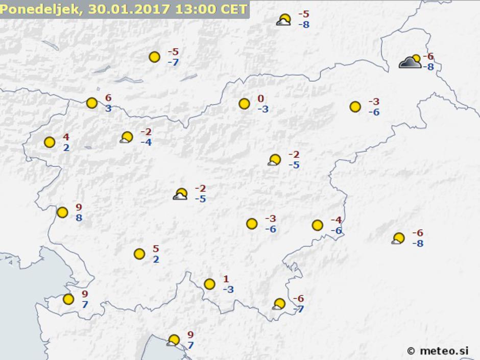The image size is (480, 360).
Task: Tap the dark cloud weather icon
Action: click(x=410, y=62)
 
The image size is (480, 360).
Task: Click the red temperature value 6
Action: click(x=108, y=98)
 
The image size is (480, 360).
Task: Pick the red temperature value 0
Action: click(x=260, y=99)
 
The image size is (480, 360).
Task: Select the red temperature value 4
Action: click(x=66, y=137)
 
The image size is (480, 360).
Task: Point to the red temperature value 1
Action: click(x=226, y=279)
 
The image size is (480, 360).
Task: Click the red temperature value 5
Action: click(x=156, y=249)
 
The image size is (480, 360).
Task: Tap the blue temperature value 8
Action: click(x=79, y=218)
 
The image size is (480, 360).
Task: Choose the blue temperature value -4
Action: click(x=146, y=142)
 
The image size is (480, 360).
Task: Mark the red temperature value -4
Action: click(x=335, y=220)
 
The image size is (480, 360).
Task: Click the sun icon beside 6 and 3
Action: click(x=92, y=103)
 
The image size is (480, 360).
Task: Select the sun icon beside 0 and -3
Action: click(x=244, y=104)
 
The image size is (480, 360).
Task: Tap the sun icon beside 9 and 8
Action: click(x=62, y=212)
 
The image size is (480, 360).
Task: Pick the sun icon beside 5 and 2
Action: click(x=139, y=254)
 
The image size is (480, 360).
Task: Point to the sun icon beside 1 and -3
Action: click(x=209, y=284)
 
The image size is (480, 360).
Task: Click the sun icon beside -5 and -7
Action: click(x=154, y=57)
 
